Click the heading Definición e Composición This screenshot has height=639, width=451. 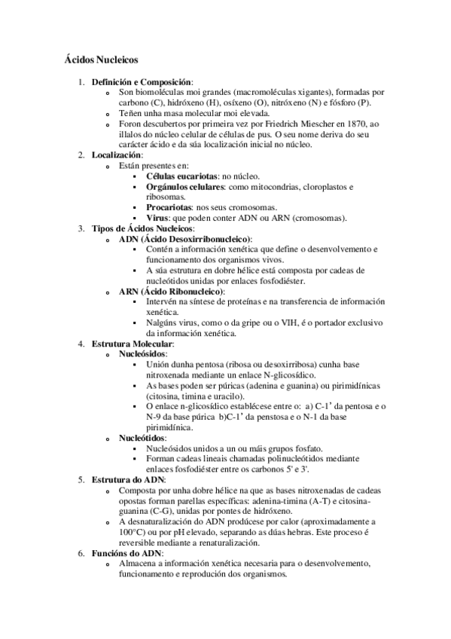pos(142,81)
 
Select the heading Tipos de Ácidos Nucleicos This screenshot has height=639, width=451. pos(142,228)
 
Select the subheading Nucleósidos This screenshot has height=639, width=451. pos(144,354)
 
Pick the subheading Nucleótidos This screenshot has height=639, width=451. pos(143,438)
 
